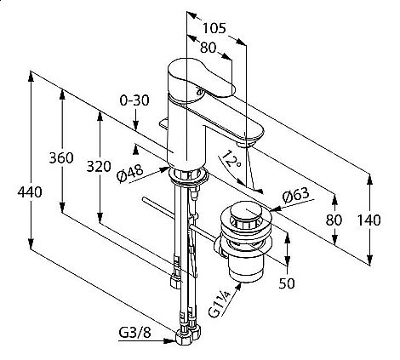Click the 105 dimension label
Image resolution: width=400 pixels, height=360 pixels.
coord(214,28)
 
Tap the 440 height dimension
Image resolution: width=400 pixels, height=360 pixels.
coord(30,192)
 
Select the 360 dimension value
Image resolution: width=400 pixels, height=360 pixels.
coord(61,157)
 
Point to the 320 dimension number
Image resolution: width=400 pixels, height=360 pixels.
coord(99,167)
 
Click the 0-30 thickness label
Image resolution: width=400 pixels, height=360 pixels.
coord(134,100)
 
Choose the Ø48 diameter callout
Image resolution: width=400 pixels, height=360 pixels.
coord(130,174)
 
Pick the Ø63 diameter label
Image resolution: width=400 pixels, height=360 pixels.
coord(295,196)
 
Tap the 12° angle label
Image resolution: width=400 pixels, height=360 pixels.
coord(231,159)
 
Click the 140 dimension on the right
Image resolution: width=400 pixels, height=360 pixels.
coord(369,220)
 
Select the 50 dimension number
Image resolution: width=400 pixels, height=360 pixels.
coord(287,283)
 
